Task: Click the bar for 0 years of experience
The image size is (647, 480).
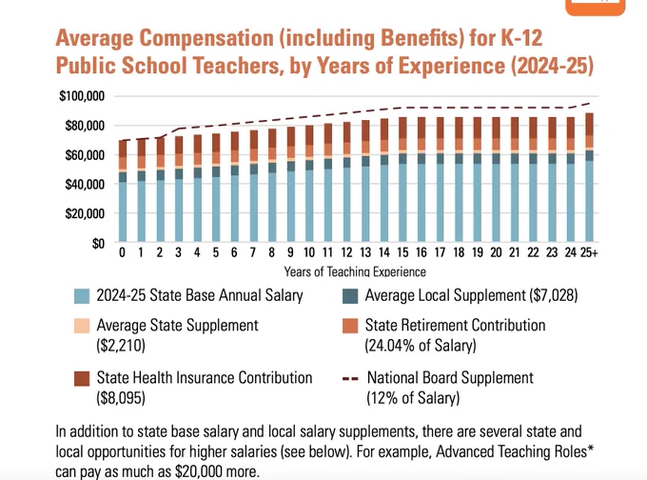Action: [x=123, y=190]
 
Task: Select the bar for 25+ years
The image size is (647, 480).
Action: [x=590, y=177]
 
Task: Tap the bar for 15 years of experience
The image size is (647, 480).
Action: [x=402, y=179]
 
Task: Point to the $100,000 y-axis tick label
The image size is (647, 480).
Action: [x=82, y=96]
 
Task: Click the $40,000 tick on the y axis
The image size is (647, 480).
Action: [x=85, y=184]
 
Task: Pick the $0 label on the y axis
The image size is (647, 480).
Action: [x=98, y=244]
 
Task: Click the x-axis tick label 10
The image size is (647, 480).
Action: [x=309, y=252]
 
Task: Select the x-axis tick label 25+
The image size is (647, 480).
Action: [x=589, y=252]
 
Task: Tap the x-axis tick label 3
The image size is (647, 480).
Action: [x=178, y=252]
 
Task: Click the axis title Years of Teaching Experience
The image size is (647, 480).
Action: [x=355, y=271]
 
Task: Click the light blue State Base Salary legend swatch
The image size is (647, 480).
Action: [x=82, y=296]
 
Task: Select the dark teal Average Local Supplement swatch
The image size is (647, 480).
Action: [x=350, y=296]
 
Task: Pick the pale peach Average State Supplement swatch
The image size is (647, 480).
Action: [x=82, y=326]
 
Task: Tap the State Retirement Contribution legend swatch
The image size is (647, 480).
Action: [x=350, y=326]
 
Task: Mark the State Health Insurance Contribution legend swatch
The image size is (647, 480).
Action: [x=82, y=378]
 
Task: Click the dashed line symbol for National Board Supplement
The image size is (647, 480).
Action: [x=350, y=378]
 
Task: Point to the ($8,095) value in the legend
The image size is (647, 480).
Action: [x=121, y=398]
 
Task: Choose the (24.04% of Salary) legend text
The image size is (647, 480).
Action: [x=421, y=346]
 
